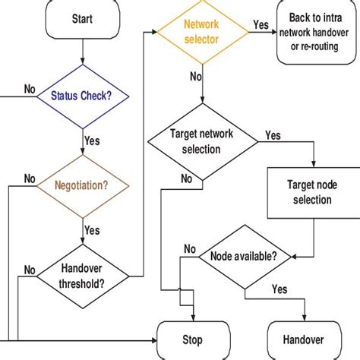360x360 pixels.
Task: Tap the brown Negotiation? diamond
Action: point(82,183)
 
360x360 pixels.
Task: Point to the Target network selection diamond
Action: point(202,142)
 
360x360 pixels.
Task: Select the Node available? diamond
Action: point(243,256)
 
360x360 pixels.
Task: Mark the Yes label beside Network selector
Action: point(261,24)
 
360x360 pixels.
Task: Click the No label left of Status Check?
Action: point(30,89)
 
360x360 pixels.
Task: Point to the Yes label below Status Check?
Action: point(91,141)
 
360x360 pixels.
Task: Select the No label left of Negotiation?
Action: point(30,178)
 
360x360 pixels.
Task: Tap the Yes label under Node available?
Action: point(279,289)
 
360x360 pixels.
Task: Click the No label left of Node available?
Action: point(190,248)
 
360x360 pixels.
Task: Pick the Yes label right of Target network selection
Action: point(272,135)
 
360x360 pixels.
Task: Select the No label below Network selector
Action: point(195,76)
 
